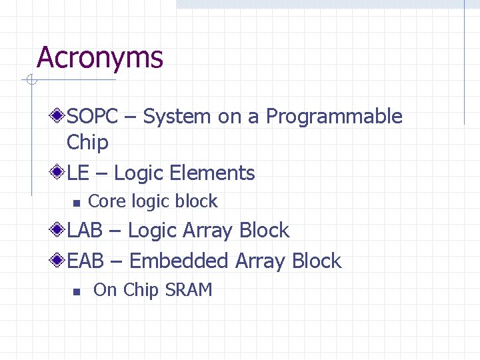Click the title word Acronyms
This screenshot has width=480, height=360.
[100, 58]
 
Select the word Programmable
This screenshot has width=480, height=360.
[334, 117]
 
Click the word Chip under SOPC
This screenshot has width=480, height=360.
[87, 142]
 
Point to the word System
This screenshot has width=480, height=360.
[177, 117]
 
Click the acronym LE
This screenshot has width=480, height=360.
[78, 173]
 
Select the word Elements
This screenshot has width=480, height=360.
[212, 173]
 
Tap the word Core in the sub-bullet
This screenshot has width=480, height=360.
[107, 201]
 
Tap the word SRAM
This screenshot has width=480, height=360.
[189, 290]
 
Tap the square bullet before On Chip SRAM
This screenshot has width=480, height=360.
[77, 291]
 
